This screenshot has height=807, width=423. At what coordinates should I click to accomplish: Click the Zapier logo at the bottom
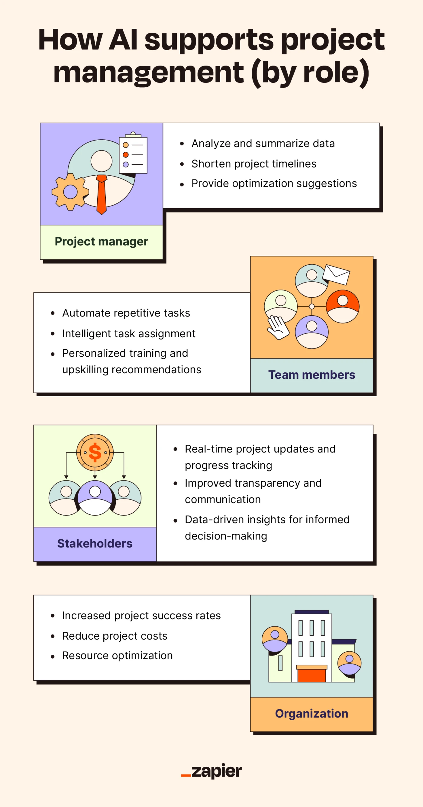[212, 771]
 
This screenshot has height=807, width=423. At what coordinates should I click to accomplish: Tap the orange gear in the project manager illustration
[70, 192]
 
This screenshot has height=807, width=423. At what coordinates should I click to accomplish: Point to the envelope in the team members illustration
[336, 274]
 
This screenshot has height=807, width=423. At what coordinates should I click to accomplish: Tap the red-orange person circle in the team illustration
[343, 306]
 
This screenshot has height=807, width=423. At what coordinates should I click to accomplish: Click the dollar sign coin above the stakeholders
[95, 452]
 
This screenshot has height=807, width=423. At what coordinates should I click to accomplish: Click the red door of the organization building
[312, 676]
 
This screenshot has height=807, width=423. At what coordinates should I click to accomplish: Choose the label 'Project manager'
[101, 241]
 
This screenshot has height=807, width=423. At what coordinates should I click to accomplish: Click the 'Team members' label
[312, 375]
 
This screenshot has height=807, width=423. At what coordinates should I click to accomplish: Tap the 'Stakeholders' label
[95, 543]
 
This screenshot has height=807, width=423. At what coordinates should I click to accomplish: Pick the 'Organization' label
[312, 714]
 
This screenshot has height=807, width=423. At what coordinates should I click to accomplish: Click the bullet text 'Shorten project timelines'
[253, 164]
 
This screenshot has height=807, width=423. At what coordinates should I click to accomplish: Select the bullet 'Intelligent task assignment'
[129, 334]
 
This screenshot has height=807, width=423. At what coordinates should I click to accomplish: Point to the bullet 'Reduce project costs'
[115, 636]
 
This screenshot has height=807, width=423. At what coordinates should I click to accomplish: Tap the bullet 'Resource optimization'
[118, 655]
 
